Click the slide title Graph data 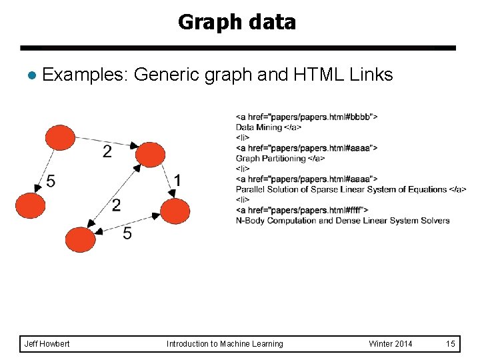(237, 23)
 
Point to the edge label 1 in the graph (177, 180)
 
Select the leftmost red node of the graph (30, 205)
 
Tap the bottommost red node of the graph (80, 239)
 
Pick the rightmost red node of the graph (175, 211)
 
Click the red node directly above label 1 (149, 157)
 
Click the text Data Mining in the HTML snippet (259, 127)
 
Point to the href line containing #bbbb (307, 117)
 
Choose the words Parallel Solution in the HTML (264, 189)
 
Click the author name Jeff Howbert (47, 344)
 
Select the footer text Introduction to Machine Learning (225, 344)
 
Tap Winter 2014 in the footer (390, 344)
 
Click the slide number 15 (451, 344)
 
